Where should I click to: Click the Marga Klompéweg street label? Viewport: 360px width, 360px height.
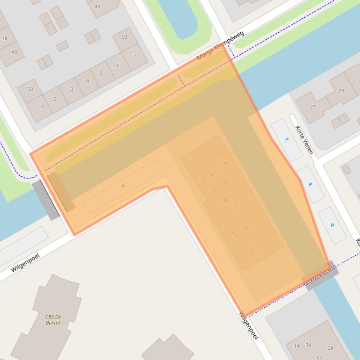[x=220, y=46]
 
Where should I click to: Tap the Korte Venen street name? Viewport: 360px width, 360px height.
[x=304, y=140]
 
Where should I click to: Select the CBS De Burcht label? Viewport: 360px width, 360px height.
[x=53, y=319]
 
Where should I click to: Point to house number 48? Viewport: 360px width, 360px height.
[x=5, y=38]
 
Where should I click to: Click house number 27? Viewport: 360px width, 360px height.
[x=313, y=107]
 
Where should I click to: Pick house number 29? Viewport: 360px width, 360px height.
[x=341, y=91]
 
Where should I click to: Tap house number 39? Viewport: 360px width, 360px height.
[x=296, y=346]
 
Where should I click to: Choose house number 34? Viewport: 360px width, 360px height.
[x=308, y=345]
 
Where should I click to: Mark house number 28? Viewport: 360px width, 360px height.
[x=331, y=348]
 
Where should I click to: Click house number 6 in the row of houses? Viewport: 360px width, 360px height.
[x=117, y=65]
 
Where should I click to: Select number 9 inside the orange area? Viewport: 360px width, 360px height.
[x=221, y=153]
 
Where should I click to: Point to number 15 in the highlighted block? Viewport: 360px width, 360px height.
[x=226, y=164]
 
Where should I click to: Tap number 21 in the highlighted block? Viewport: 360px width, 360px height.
[x=213, y=192]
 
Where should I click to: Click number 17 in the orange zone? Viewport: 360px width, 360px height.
[x=234, y=205]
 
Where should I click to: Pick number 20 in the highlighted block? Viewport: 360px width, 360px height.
[x=245, y=228]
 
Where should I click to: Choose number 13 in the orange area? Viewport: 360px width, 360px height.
[x=249, y=255]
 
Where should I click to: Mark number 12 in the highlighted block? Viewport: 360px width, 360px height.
[x=256, y=245]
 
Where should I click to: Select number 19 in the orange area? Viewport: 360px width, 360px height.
[x=231, y=232]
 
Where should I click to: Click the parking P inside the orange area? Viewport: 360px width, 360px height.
[x=123, y=187]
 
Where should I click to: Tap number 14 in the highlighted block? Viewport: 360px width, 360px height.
[x=223, y=200]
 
